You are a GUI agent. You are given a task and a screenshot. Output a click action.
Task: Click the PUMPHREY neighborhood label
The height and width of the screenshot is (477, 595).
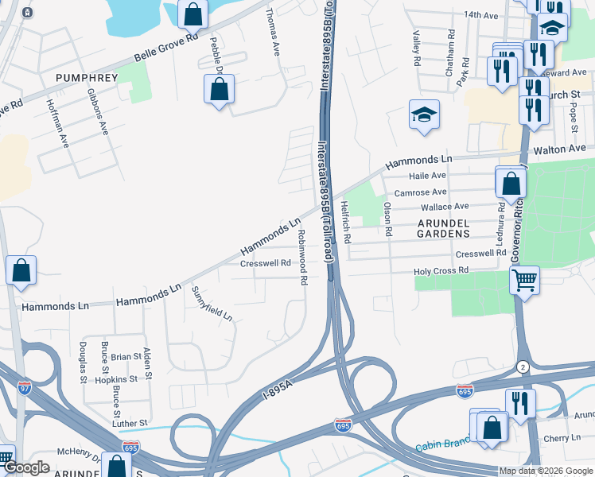(x=87, y=78)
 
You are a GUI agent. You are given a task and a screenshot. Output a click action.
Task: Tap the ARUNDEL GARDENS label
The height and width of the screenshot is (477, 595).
(x=444, y=228)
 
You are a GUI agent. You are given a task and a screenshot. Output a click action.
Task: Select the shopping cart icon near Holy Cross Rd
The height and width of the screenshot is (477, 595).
(x=524, y=280)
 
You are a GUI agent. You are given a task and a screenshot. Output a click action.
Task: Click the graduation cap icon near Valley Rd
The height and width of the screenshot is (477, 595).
(x=424, y=114)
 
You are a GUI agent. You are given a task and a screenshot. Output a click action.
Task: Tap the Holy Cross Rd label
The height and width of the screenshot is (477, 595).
(x=441, y=271)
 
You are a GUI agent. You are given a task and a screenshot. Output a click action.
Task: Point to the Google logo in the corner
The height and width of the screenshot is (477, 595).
(x=25, y=467)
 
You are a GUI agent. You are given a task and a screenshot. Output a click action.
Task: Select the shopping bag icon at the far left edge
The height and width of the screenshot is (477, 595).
(x=21, y=270)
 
